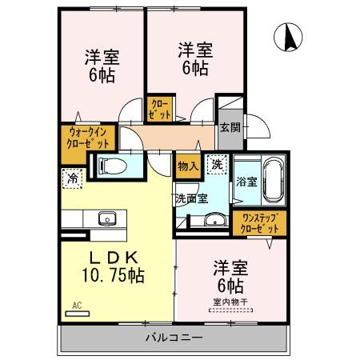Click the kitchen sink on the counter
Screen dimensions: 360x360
(x=106, y=218)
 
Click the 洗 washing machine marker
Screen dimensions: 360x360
(x=217, y=165)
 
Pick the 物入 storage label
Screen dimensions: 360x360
(x=187, y=166)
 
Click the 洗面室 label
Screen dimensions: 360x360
(x=191, y=198)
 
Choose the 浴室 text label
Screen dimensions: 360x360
(x=246, y=182)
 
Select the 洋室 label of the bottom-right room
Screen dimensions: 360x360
(x=228, y=266)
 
